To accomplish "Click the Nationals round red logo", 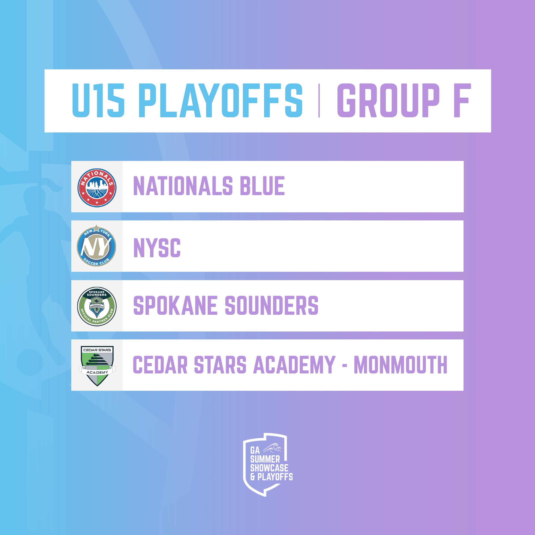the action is click(x=97, y=188).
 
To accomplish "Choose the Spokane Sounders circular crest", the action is click(x=97, y=306).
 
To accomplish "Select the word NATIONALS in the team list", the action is click(x=183, y=186).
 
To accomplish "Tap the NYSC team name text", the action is click(x=157, y=248).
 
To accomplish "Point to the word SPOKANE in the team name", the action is click(x=175, y=305).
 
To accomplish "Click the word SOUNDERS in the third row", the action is click(x=272, y=305).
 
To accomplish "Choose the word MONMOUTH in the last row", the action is click(x=400, y=365).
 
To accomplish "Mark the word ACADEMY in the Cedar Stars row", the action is click(x=295, y=365).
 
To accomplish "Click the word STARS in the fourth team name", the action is click(x=220, y=365).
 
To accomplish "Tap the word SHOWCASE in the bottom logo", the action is click(x=269, y=468).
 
